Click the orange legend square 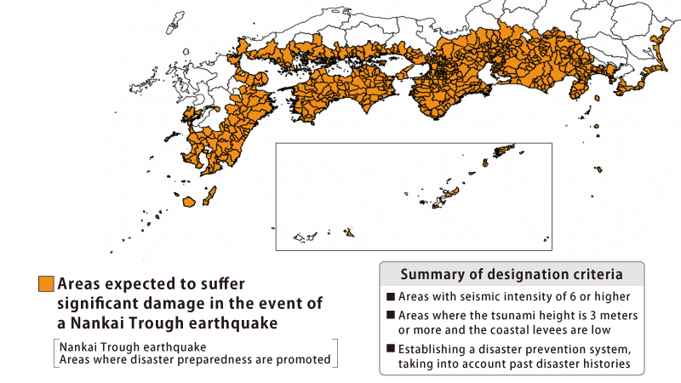pyautogui.click(x=46, y=284)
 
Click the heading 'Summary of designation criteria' pyautogui.click(x=511, y=275)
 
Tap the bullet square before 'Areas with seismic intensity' pyautogui.click(x=391, y=297)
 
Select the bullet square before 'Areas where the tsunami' pyautogui.click(x=391, y=315)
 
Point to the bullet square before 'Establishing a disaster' pyautogui.click(x=391, y=348)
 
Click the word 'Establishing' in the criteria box pyautogui.click(x=434, y=348)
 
